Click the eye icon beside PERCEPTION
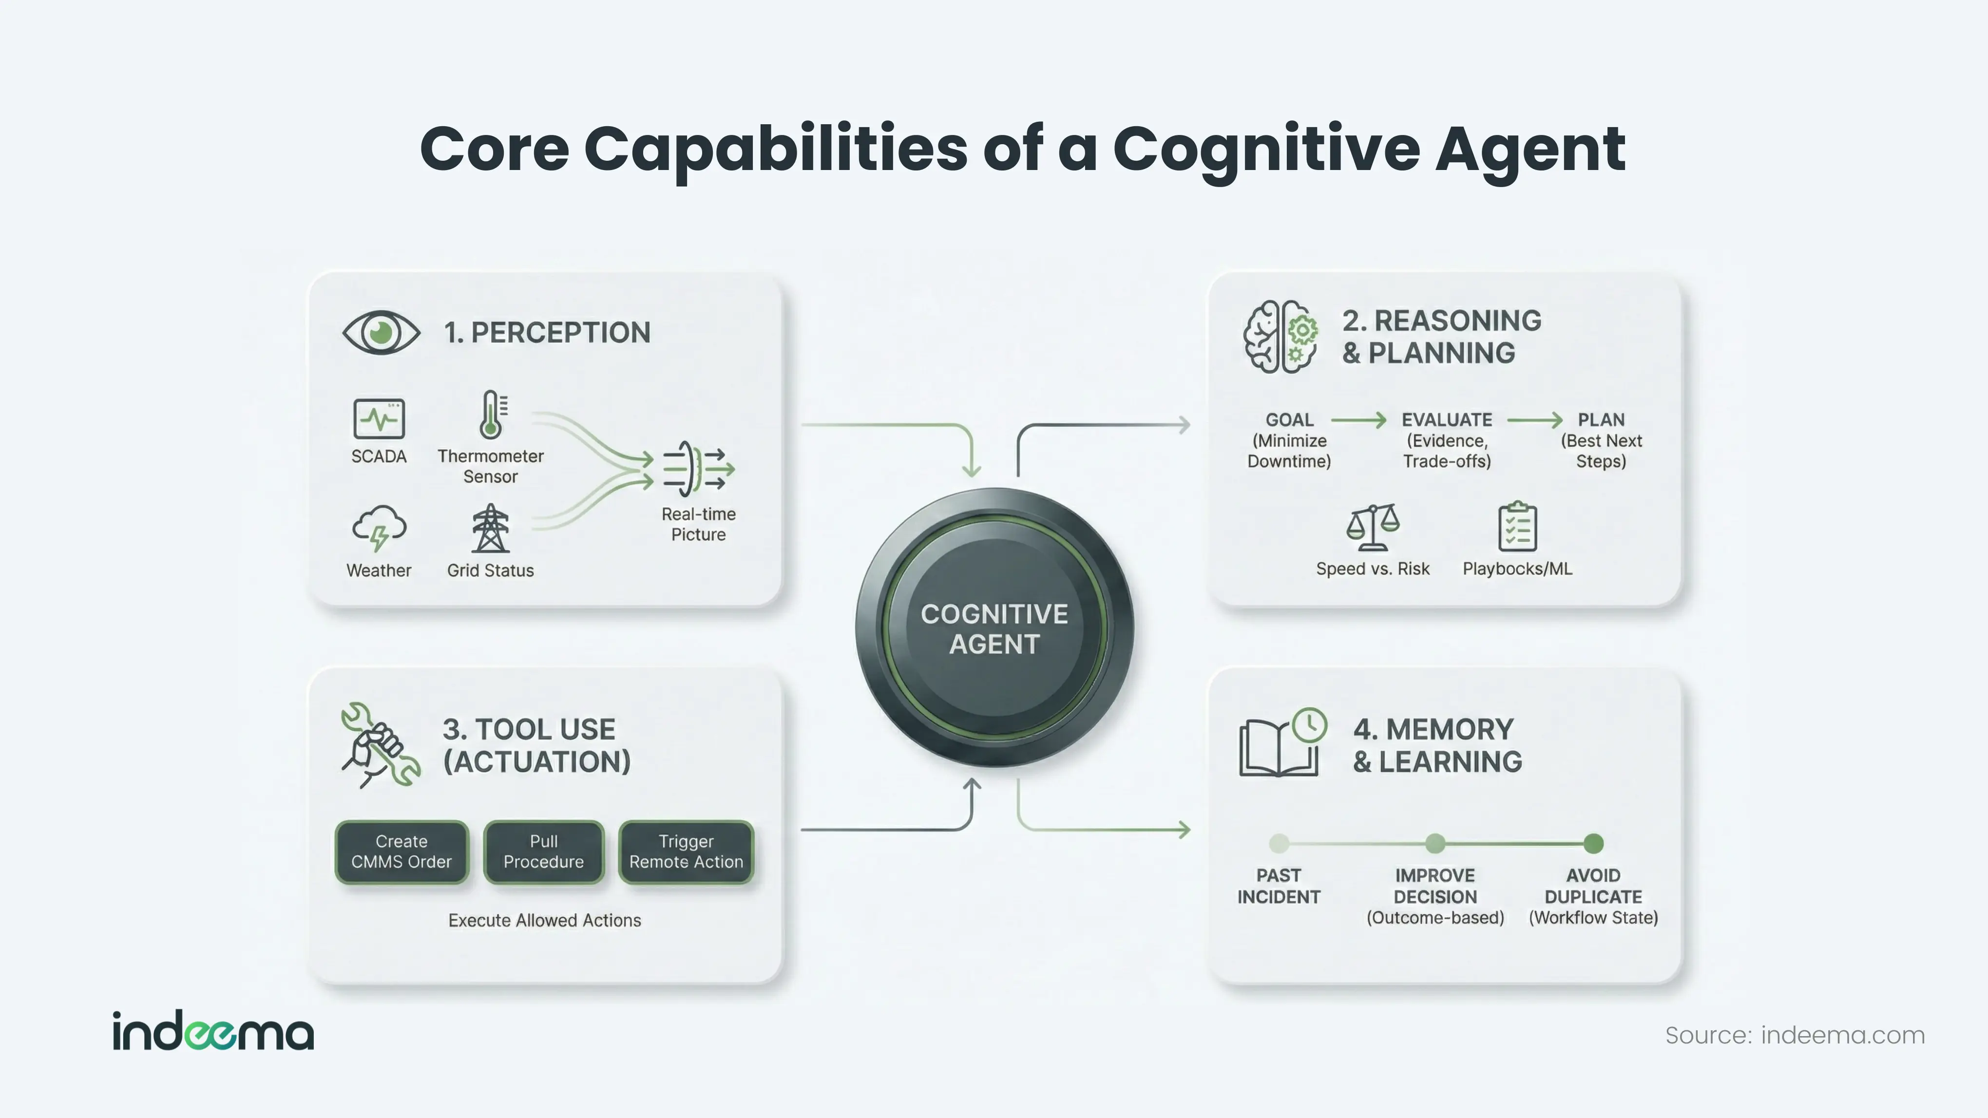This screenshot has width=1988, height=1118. click(x=381, y=333)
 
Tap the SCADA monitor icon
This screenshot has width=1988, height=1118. click(x=379, y=419)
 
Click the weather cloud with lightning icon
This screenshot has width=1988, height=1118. click(x=379, y=528)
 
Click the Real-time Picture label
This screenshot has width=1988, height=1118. click(x=698, y=525)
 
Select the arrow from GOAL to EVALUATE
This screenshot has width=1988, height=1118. click(x=1358, y=420)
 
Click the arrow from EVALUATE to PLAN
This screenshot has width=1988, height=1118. click(x=1534, y=420)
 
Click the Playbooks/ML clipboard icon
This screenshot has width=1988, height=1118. click(x=1517, y=527)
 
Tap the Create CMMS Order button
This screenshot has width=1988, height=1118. click(x=401, y=852)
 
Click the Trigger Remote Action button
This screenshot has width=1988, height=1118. click(x=686, y=852)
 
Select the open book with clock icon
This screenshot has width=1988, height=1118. click(x=1282, y=742)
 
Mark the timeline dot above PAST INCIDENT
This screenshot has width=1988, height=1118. click(x=1279, y=843)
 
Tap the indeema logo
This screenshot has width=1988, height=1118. click(x=213, y=1032)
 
